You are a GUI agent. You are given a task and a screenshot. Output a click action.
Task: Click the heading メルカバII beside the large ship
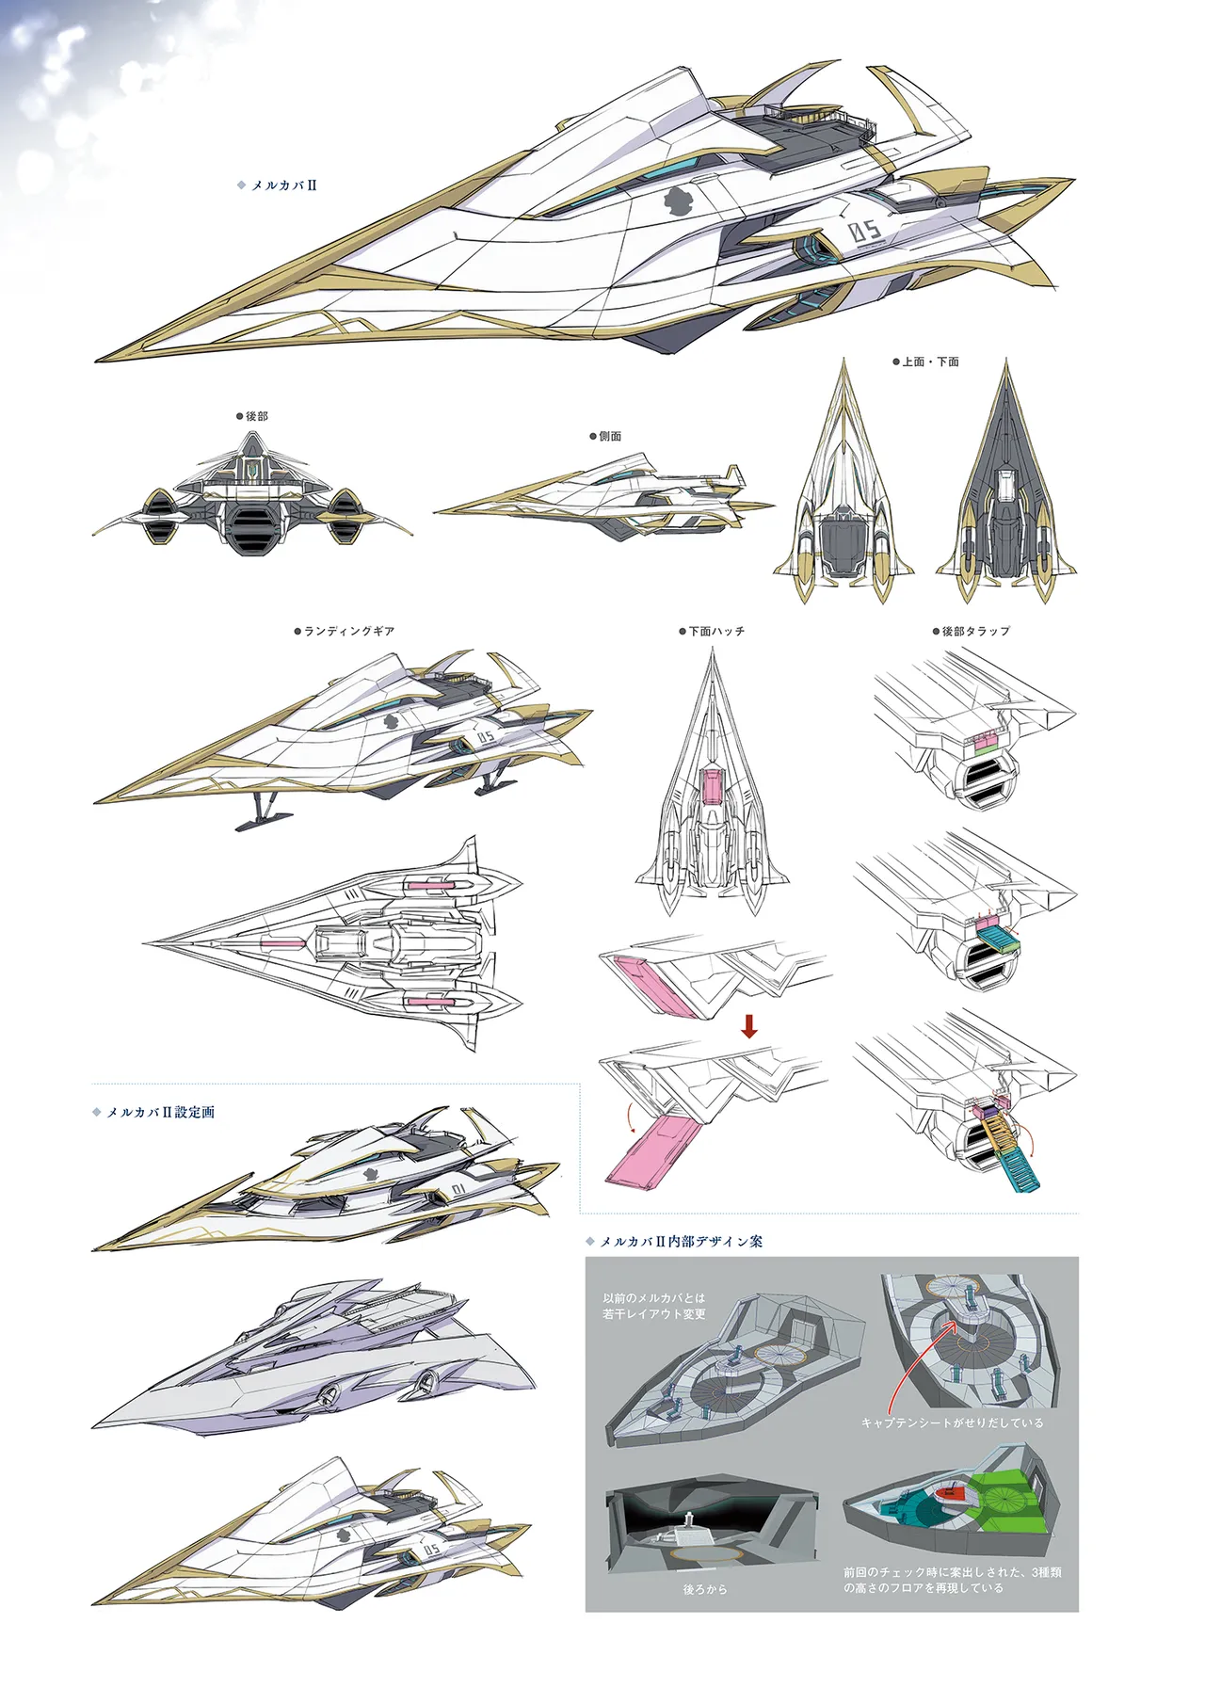[x=283, y=185]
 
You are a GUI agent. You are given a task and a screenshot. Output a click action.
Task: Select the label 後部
[x=256, y=416]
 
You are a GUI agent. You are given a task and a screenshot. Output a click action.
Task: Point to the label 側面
[x=610, y=437]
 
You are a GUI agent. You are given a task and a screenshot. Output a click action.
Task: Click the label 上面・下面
[x=930, y=362]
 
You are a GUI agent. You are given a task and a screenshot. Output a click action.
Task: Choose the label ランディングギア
[x=348, y=631]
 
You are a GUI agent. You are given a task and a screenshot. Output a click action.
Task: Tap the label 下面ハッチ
[x=716, y=631]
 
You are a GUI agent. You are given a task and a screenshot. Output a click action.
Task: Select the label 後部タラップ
[x=976, y=631]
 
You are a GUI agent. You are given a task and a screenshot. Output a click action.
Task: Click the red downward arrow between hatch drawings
[x=749, y=1025]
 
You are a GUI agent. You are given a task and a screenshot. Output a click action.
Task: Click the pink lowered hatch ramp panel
[x=651, y=1147]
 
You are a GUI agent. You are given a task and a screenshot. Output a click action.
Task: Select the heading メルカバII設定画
[x=160, y=1112]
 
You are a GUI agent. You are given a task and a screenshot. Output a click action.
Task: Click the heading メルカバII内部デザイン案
[x=682, y=1242]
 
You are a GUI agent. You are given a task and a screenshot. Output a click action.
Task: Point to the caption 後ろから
[x=705, y=1590]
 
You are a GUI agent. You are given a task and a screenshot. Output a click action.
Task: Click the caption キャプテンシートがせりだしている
[x=953, y=1423]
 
